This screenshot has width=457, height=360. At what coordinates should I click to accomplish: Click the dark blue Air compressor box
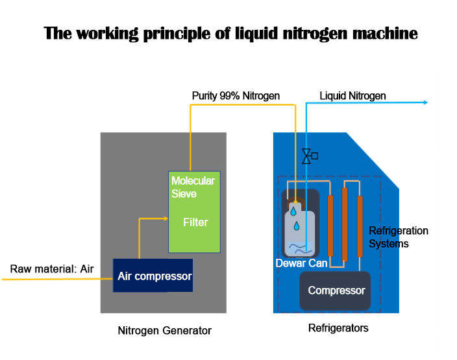(153, 275)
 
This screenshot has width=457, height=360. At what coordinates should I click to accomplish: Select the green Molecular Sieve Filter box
(194, 211)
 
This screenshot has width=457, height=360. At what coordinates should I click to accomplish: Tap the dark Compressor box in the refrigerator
(335, 291)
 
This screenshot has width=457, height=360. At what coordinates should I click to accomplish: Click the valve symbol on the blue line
(310, 156)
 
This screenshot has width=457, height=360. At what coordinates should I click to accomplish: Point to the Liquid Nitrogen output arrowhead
(426, 102)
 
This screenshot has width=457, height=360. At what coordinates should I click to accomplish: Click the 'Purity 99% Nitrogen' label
(236, 96)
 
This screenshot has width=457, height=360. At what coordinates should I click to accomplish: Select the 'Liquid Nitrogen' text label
(352, 96)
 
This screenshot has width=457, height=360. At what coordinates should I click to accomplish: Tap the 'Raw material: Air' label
(52, 269)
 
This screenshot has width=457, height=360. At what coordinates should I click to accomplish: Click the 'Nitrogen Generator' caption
(165, 331)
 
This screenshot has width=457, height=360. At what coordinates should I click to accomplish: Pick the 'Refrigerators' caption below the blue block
(338, 328)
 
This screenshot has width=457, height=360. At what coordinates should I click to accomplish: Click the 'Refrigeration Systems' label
(399, 237)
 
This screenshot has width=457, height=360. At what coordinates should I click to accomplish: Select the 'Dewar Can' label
(301, 263)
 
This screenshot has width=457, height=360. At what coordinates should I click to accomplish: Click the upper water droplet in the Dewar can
(293, 211)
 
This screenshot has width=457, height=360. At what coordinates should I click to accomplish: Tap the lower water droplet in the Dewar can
(297, 226)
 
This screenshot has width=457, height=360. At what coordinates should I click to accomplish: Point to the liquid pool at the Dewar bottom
(300, 249)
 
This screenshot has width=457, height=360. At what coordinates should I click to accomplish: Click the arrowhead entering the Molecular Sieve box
(166, 219)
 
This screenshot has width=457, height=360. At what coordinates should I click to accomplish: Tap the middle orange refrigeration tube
(345, 224)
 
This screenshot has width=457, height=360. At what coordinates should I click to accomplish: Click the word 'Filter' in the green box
(195, 222)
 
